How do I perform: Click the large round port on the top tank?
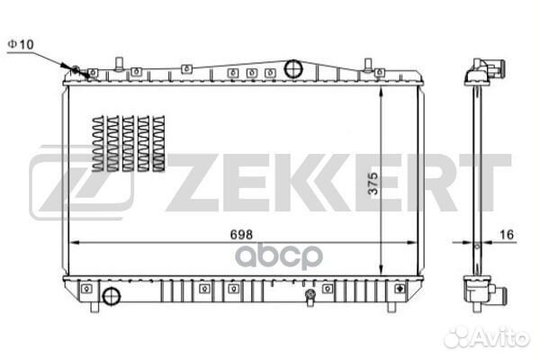pos(292,68)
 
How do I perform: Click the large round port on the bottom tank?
pos(112,297)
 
